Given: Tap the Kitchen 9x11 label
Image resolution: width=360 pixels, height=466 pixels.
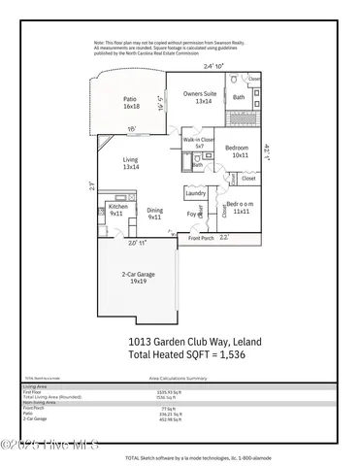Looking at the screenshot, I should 118,210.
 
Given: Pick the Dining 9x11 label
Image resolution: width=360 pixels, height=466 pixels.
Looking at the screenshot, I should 154,214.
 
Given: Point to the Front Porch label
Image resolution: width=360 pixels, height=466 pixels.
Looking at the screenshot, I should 201,238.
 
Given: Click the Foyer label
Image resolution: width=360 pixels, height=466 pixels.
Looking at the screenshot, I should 192,216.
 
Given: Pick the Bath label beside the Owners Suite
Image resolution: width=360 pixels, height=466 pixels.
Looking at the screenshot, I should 239,97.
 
